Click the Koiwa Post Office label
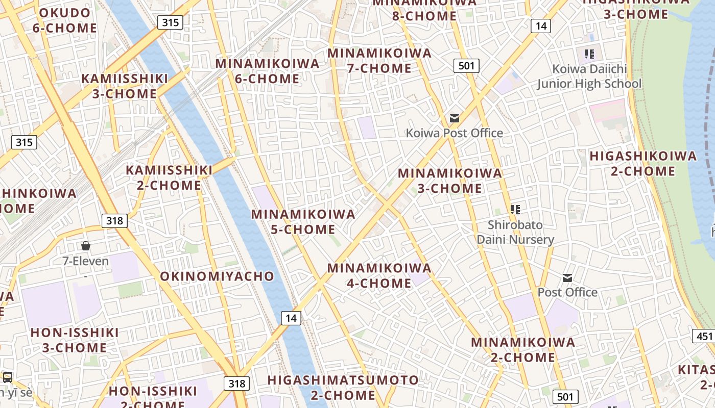pyautogui.click(x=454, y=133)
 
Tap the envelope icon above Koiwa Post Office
pyautogui.click(x=454, y=118)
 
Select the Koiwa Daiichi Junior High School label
pyautogui.click(x=589, y=76)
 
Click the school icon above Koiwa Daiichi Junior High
pyautogui.click(x=589, y=54)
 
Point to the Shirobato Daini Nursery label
pyautogui.click(x=515, y=232)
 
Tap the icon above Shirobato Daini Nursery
pyautogui.click(x=515, y=209)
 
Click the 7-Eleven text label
pyautogui.click(x=85, y=261)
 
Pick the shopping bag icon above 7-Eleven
pyautogui.click(x=86, y=246)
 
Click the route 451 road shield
pyautogui.click(x=704, y=336)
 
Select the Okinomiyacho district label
pyautogui.click(x=217, y=276)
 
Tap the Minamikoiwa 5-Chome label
pyautogui.click(x=303, y=222)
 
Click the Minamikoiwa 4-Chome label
pyautogui.click(x=379, y=275)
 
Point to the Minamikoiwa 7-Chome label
pyautogui.click(x=379, y=61)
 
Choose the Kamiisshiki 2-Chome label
pyautogui.click(x=169, y=177)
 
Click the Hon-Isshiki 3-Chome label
pyautogui.click(x=75, y=340)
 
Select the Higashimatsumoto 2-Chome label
pyautogui.click(x=343, y=388)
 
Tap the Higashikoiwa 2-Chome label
pyautogui.click(x=643, y=163)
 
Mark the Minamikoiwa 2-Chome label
pyautogui.click(x=523, y=349)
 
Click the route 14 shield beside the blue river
pyautogui.click(x=291, y=318)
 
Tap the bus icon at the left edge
pyautogui.click(x=8, y=377)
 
